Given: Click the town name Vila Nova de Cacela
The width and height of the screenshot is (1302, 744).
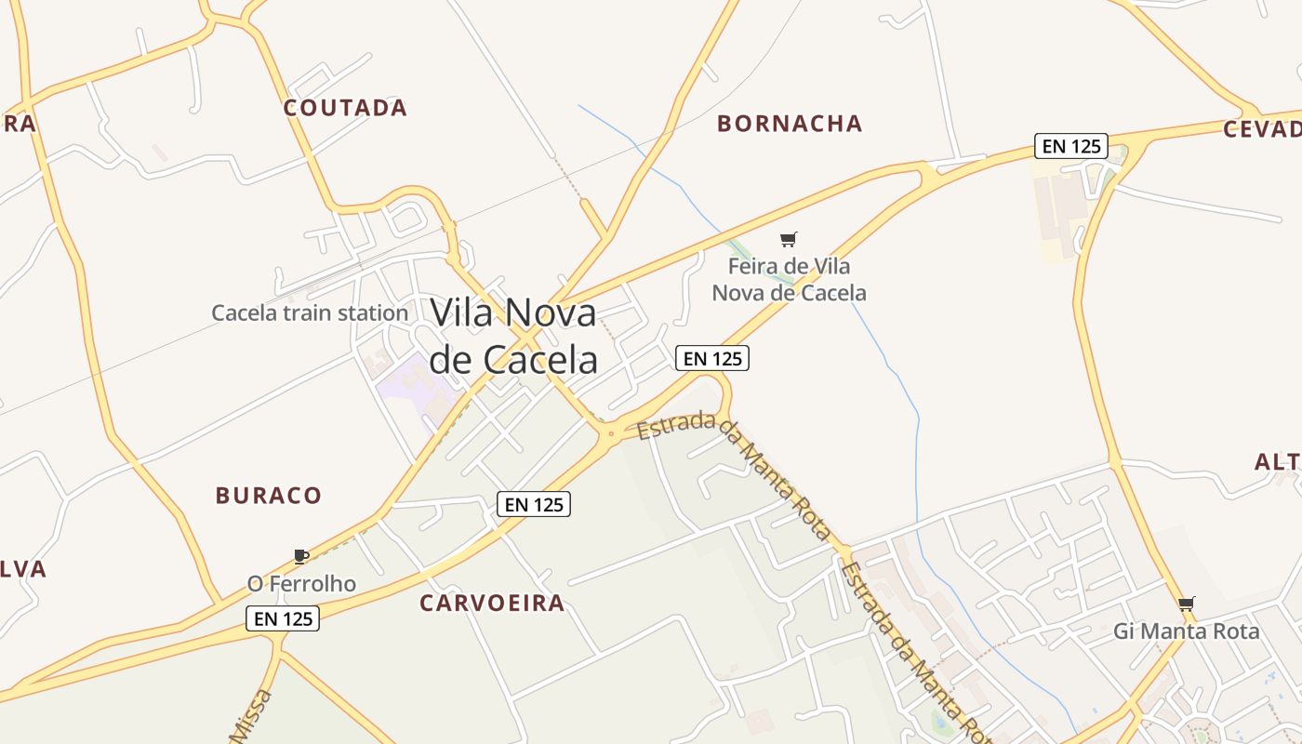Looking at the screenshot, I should [x=513, y=335].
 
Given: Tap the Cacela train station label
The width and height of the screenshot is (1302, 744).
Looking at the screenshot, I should [x=310, y=312].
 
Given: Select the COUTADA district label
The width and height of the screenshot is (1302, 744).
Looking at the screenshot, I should [x=345, y=108].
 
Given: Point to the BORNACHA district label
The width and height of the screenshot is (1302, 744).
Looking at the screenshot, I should [x=790, y=124].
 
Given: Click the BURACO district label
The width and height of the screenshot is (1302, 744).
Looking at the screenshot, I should [x=268, y=495].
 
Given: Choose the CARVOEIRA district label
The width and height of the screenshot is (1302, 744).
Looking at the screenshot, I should [x=492, y=603].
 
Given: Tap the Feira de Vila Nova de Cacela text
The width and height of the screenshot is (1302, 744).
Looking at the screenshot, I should [x=789, y=279].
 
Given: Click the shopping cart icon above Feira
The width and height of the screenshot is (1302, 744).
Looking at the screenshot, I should [x=789, y=240].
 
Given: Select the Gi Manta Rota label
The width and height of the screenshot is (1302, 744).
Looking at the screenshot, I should [x=1186, y=631].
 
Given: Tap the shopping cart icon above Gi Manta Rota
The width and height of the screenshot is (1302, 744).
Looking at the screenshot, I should [x=1186, y=604].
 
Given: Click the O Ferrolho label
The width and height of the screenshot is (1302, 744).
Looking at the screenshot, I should [x=301, y=583].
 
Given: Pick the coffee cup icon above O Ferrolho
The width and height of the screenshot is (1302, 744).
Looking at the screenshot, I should [x=300, y=556].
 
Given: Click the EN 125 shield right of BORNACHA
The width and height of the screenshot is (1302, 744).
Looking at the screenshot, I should [x=1070, y=145].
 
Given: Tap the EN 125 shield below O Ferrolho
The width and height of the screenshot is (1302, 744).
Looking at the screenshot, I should [x=283, y=618].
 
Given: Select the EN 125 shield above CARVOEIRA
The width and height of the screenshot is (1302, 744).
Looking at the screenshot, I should [x=533, y=504].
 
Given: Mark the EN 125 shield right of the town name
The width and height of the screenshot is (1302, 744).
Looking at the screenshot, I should [x=712, y=358].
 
